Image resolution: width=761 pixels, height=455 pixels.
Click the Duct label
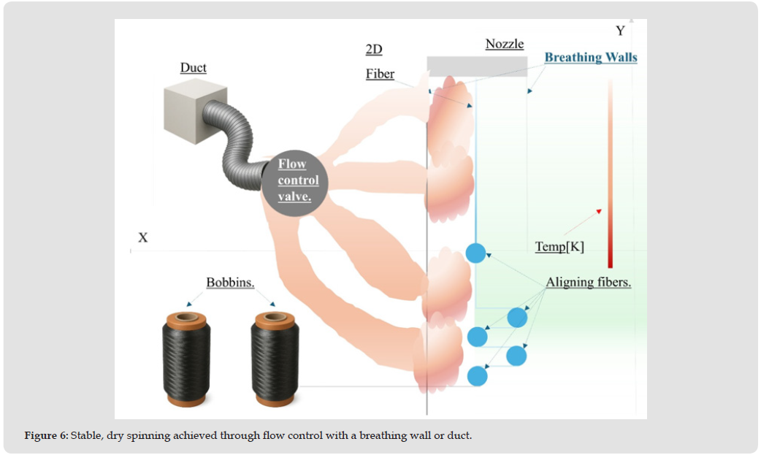194,68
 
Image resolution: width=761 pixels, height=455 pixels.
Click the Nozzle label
505,44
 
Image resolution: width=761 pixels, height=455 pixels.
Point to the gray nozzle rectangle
477,66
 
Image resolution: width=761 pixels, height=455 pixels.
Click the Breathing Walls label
591,58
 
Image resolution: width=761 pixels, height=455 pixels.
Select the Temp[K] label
559,247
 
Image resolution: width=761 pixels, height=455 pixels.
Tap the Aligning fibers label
589,283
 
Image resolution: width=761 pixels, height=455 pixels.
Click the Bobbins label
230,283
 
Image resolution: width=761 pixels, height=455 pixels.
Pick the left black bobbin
186,359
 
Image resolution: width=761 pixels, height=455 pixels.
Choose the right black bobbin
275,359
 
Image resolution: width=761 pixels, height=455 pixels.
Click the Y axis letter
621,31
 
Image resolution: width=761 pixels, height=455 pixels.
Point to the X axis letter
143,238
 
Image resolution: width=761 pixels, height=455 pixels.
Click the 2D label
374,50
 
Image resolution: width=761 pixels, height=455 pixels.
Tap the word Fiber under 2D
380,74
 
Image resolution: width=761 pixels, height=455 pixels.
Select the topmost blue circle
475,253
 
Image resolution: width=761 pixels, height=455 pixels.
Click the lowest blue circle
477,376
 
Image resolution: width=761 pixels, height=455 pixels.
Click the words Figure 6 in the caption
45,436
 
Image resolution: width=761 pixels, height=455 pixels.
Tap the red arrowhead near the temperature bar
599,211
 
